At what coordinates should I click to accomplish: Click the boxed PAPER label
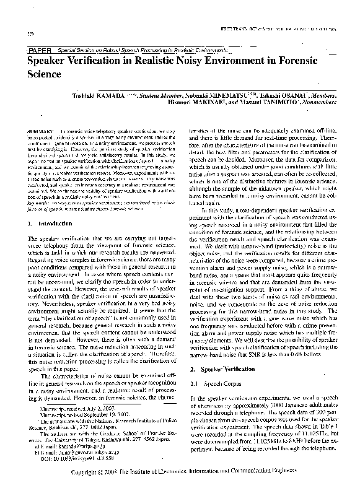tap(39, 49)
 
